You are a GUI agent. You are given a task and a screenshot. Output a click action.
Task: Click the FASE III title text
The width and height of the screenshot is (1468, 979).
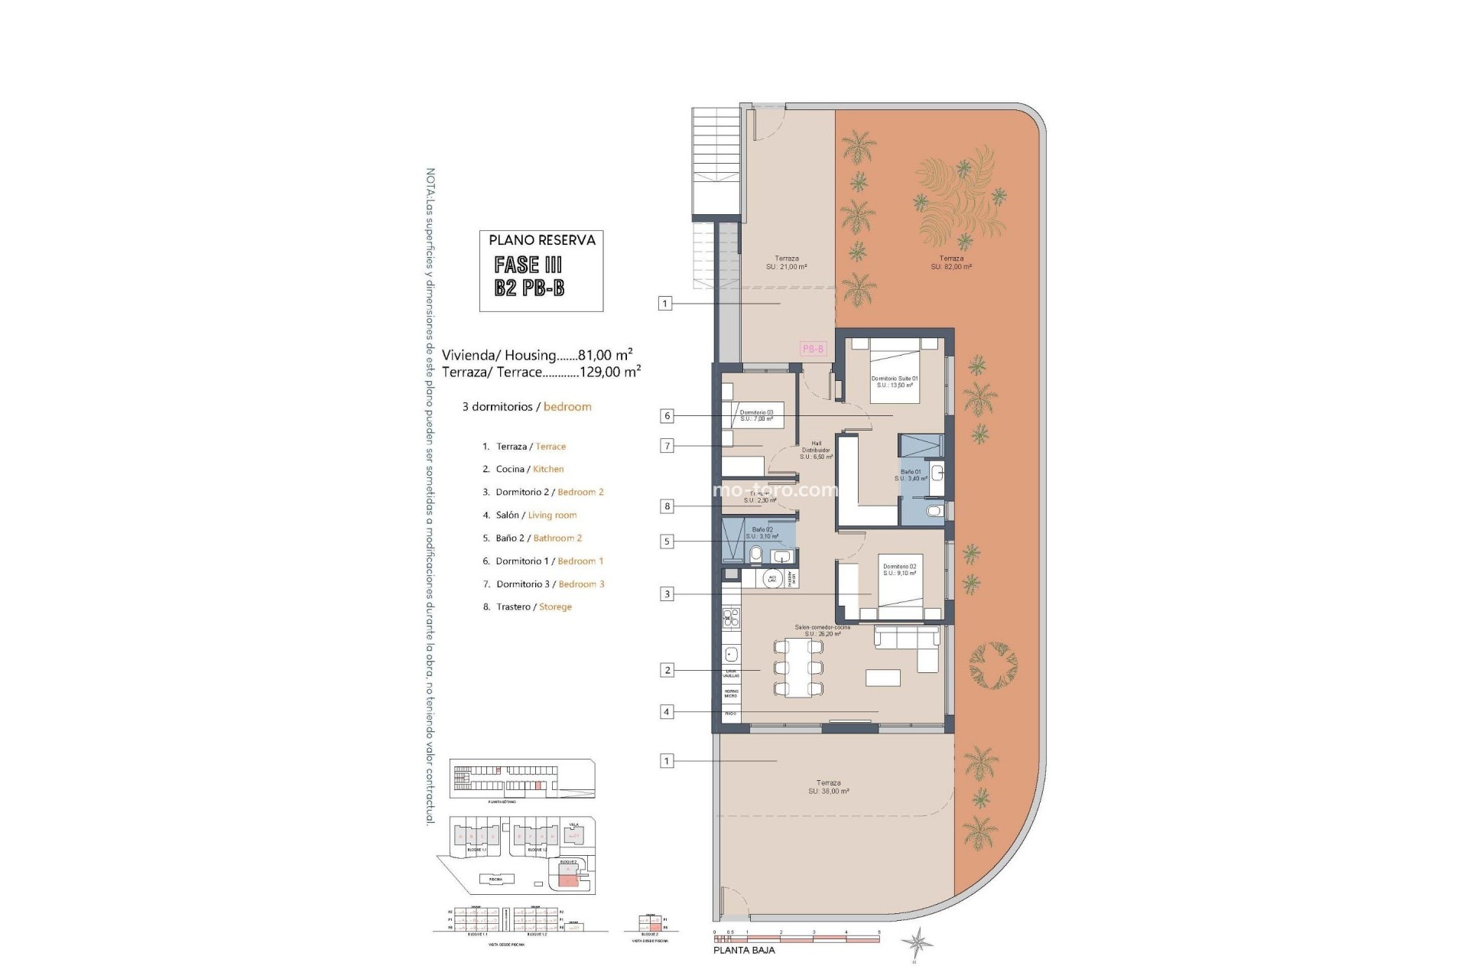click(528, 265)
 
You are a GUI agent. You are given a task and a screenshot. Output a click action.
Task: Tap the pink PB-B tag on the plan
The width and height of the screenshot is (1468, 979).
click(813, 349)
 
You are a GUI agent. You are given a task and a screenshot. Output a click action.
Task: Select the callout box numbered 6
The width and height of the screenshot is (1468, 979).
click(667, 416)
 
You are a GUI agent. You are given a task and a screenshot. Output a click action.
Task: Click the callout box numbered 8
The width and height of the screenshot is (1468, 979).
click(667, 506)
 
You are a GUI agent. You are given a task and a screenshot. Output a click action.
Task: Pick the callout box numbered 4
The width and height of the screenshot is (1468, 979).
click(667, 712)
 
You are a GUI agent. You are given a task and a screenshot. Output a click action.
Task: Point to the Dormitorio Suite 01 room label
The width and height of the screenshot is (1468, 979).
click(894, 382)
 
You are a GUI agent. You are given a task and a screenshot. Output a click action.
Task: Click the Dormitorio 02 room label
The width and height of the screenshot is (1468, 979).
click(899, 570)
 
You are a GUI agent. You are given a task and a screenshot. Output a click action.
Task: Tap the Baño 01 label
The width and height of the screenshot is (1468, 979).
click(911, 475)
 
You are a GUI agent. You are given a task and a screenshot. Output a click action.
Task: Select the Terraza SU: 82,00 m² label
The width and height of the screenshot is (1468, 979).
click(951, 262)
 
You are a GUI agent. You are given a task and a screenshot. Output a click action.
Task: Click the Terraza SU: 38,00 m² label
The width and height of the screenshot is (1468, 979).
click(829, 787)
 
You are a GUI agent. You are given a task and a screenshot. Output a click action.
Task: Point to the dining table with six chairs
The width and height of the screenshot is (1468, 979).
click(798, 668)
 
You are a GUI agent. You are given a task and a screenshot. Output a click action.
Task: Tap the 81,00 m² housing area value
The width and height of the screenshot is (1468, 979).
click(605, 355)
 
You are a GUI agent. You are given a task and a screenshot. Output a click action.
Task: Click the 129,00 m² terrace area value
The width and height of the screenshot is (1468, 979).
click(610, 372)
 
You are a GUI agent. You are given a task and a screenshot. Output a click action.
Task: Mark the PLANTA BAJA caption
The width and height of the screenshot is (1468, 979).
click(744, 950)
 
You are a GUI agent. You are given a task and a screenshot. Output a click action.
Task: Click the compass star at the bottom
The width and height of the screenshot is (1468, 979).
click(916, 942)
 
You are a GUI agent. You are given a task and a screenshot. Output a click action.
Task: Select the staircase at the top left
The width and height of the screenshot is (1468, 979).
click(716, 165)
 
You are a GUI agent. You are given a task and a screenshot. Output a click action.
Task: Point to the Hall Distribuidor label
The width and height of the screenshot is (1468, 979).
click(816, 450)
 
